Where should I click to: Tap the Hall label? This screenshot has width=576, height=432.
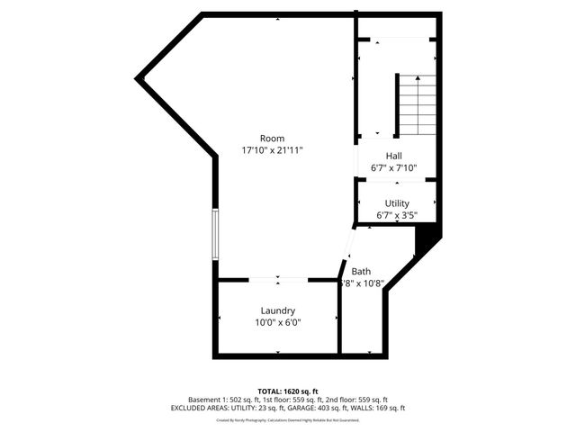point(393,156)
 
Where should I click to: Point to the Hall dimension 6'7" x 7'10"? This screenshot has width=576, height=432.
point(394,167)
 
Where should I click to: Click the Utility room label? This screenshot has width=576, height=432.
point(397,203)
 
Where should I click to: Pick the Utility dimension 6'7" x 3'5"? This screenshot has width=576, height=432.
point(397,215)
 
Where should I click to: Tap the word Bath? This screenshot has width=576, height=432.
point(361,271)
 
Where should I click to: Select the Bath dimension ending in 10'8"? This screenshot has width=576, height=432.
point(363,283)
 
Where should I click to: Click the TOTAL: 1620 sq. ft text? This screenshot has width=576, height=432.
point(288,391)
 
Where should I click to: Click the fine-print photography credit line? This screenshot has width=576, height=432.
point(288,419)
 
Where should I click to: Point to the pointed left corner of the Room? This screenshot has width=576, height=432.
point(139,79)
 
